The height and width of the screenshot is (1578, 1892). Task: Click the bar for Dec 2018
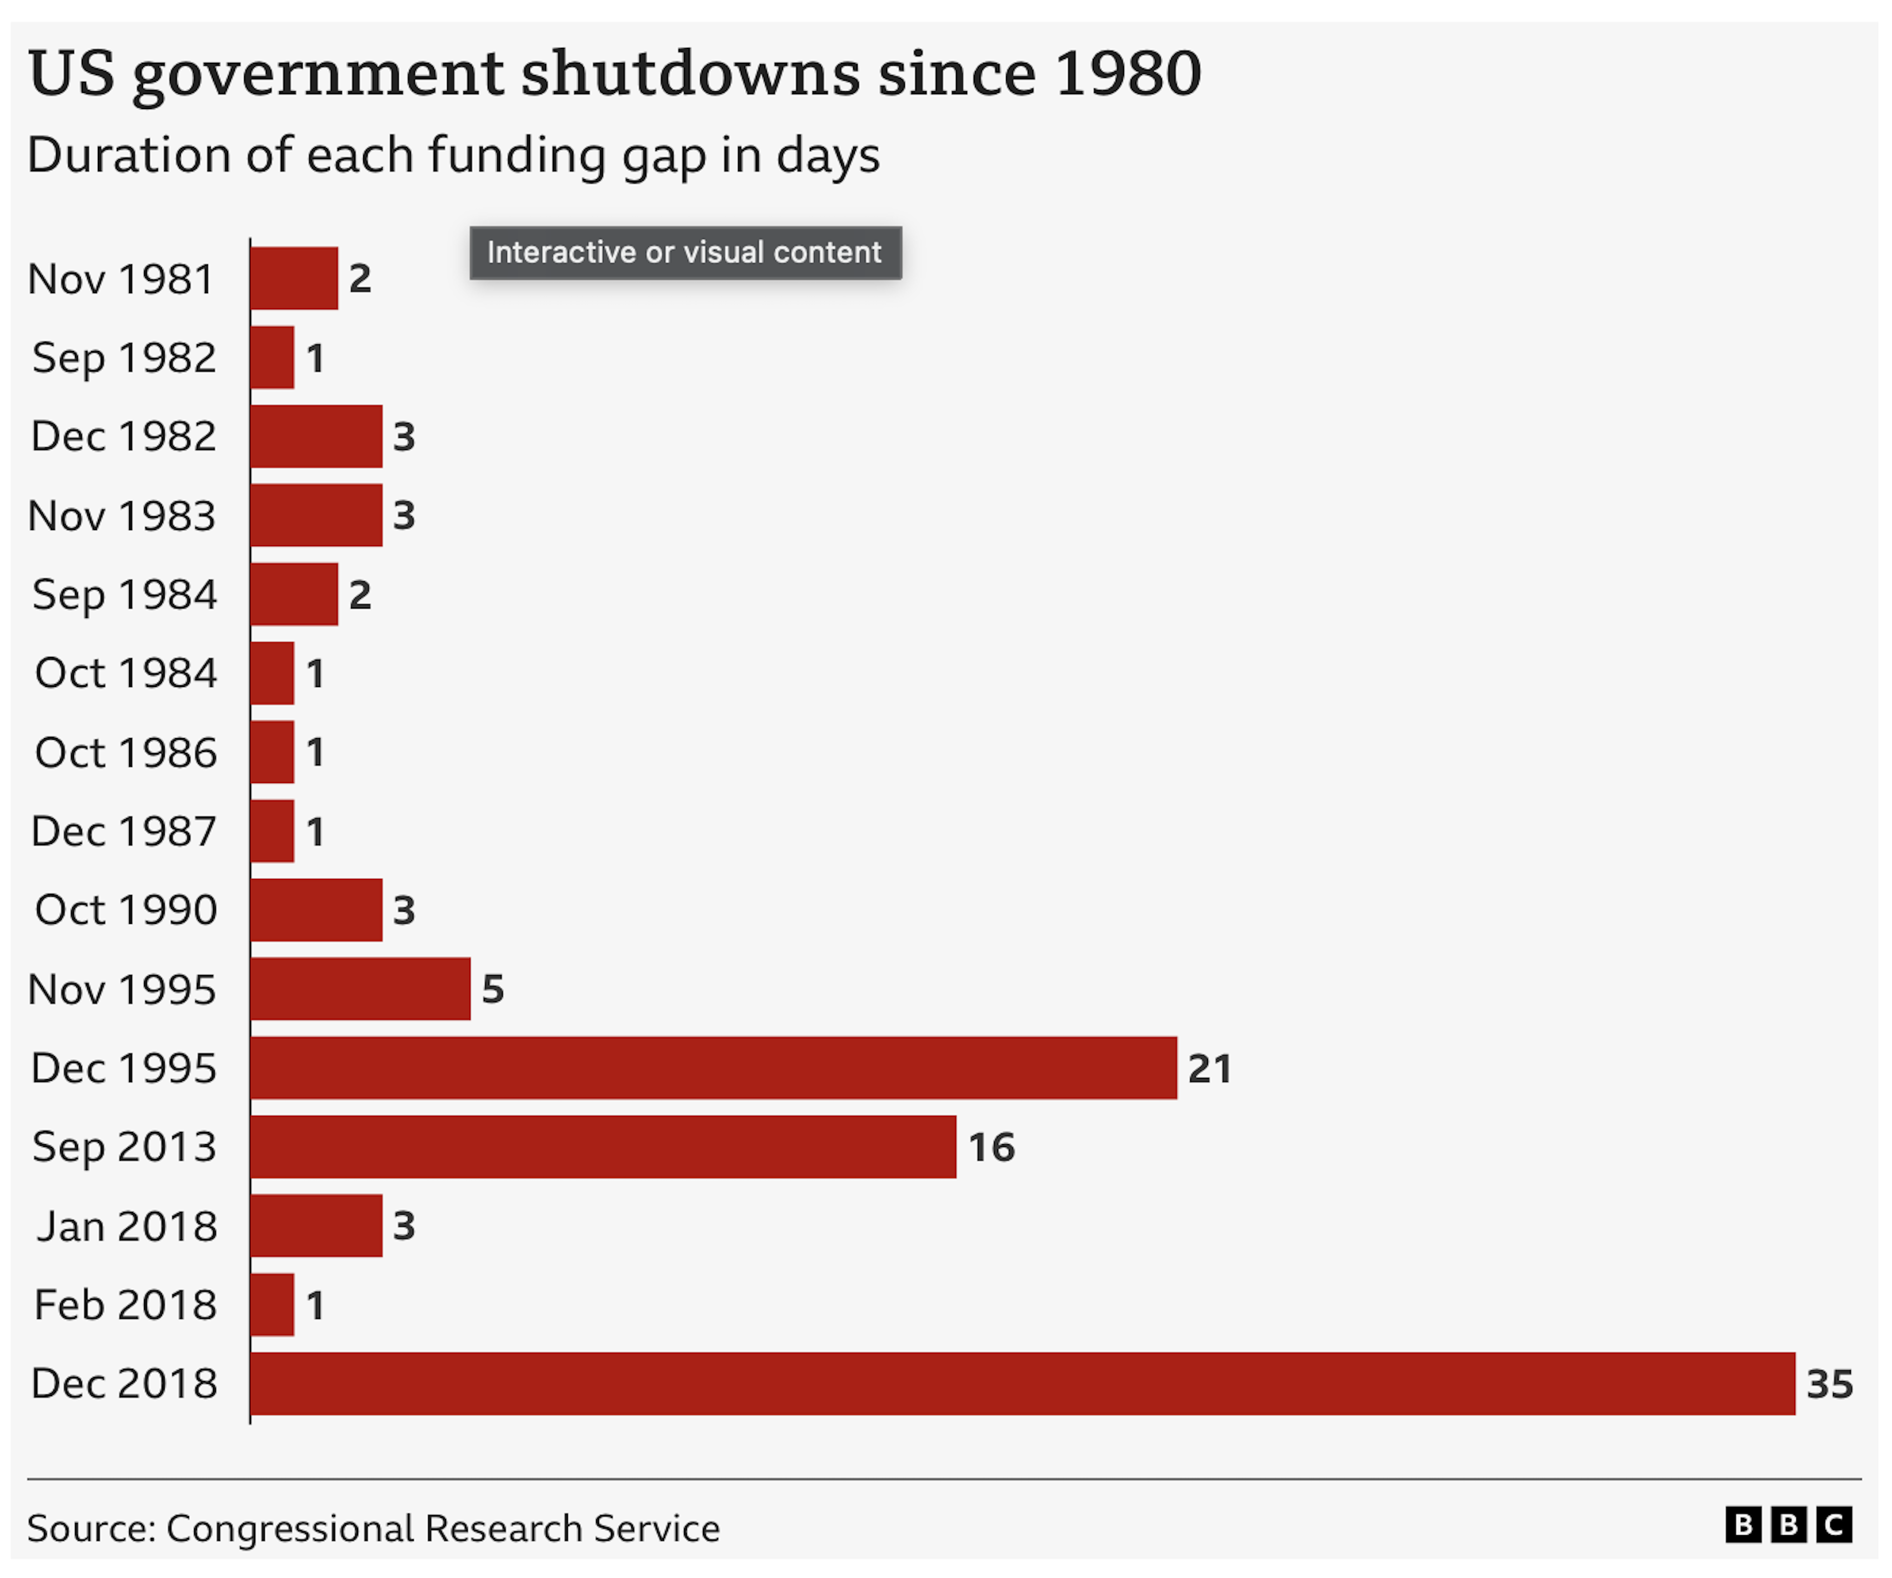click(x=1023, y=1383)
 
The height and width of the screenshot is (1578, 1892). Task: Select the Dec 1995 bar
click(x=714, y=1068)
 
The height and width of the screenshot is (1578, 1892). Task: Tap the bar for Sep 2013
click(x=603, y=1146)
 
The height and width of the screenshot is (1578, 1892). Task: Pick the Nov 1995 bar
click(x=360, y=988)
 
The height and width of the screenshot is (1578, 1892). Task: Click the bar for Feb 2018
click(x=272, y=1304)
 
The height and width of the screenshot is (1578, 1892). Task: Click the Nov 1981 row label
click(x=122, y=279)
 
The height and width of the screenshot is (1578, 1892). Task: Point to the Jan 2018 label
click(x=126, y=1225)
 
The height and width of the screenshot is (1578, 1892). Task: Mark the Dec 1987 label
click(x=123, y=831)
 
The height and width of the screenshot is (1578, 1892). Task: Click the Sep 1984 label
click(x=125, y=594)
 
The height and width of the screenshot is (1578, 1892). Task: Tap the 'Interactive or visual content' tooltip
click(x=685, y=253)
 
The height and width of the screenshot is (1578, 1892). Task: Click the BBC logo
click(x=1789, y=1525)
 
